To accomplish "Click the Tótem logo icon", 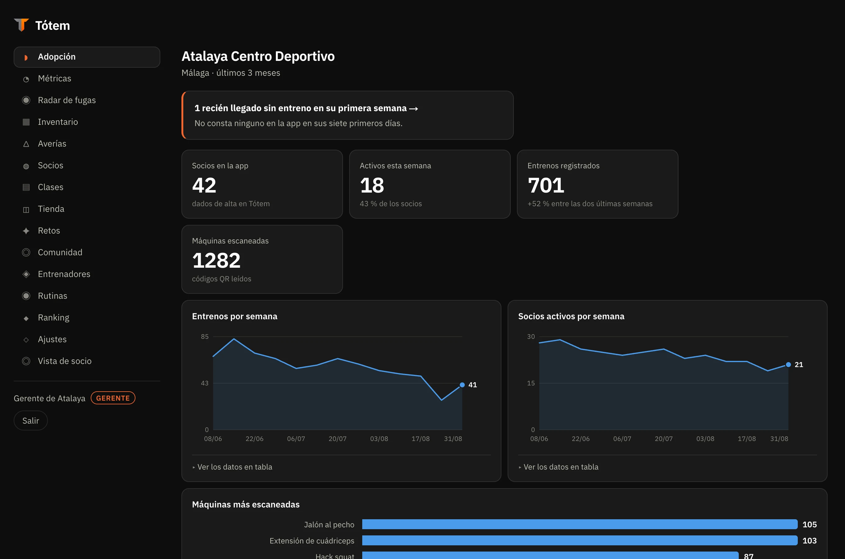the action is pyautogui.click(x=21, y=25).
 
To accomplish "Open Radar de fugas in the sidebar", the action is pyautogui.click(x=67, y=100).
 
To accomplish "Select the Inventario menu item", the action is pyautogui.click(x=58, y=122).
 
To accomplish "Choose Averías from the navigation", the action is pyautogui.click(x=52, y=144).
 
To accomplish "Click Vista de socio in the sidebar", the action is pyautogui.click(x=65, y=361).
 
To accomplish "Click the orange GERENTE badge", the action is pyautogui.click(x=113, y=398).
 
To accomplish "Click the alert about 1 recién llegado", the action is pyautogui.click(x=348, y=115).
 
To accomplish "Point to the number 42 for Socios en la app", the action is pyautogui.click(x=204, y=185).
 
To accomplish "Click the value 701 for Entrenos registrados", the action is pyautogui.click(x=546, y=185).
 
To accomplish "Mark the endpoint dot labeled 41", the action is pyautogui.click(x=462, y=385).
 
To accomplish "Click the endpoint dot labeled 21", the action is pyautogui.click(x=788, y=364).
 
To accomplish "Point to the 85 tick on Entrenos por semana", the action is pyautogui.click(x=205, y=337).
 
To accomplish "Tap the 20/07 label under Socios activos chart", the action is pyautogui.click(x=664, y=439).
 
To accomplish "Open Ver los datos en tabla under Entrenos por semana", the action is pyautogui.click(x=235, y=467).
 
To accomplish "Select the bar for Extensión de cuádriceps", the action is pyautogui.click(x=580, y=540).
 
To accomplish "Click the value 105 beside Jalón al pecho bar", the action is pyautogui.click(x=809, y=525).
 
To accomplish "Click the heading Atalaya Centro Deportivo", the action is pyautogui.click(x=258, y=56).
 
